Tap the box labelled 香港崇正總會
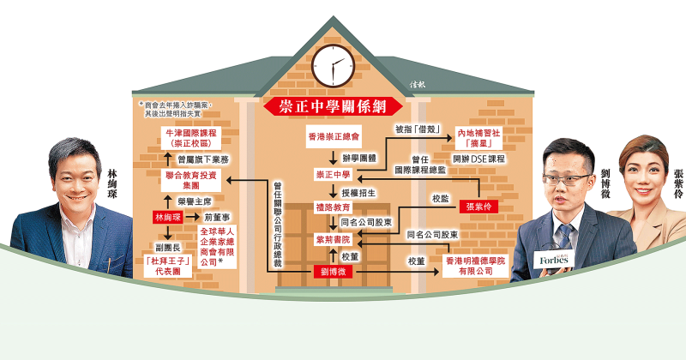(x=332, y=137)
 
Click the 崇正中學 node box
(x=332, y=174)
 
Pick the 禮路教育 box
(x=332, y=207)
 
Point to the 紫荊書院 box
(x=332, y=239)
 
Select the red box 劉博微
(x=332, y=272)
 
